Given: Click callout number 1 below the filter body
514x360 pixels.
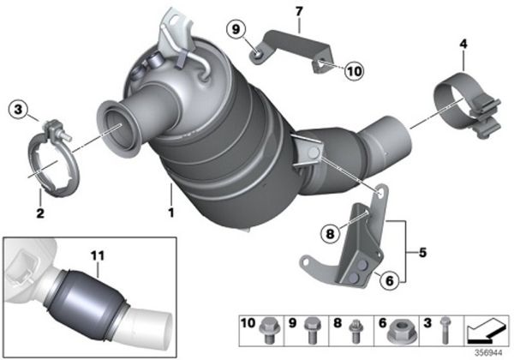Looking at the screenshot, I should tap(171, 211).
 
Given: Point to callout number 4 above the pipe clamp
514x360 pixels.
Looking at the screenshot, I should tap(463, 42).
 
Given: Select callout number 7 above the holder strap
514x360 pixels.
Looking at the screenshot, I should tap(298, 11).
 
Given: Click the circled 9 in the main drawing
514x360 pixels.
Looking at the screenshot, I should tap(236, 31).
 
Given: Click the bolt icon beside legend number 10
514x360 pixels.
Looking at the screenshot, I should tap(266, 329).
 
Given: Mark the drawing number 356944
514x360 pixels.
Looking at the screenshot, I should tap(489, 350).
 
